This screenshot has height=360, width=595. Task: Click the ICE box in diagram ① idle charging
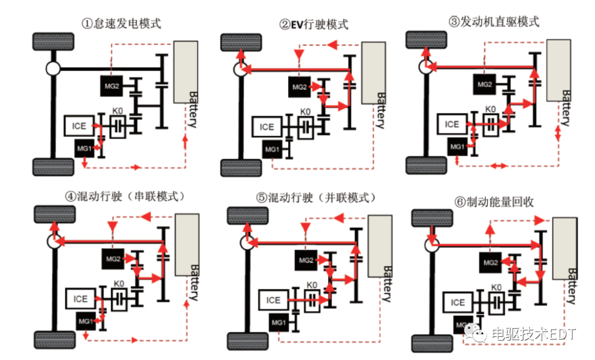click(x=79, y=126)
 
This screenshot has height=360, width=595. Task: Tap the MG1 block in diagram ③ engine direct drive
click(x=457, y=147)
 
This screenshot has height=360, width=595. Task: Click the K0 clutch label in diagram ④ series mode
click(x=118, y=283)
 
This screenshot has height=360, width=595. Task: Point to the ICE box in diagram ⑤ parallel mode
click(x=274, y=300)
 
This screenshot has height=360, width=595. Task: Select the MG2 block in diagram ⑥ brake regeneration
click(x=490, y=262)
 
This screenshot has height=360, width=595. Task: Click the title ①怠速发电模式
click(x=121, y=24)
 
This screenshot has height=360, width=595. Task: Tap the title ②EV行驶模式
click(x=314, y=24)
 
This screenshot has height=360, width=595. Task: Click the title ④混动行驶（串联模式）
click(x=125, y=196)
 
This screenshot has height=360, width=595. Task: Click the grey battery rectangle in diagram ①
click(x=186, y=72)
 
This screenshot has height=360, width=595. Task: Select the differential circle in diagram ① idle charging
click(x=53, y=68)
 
